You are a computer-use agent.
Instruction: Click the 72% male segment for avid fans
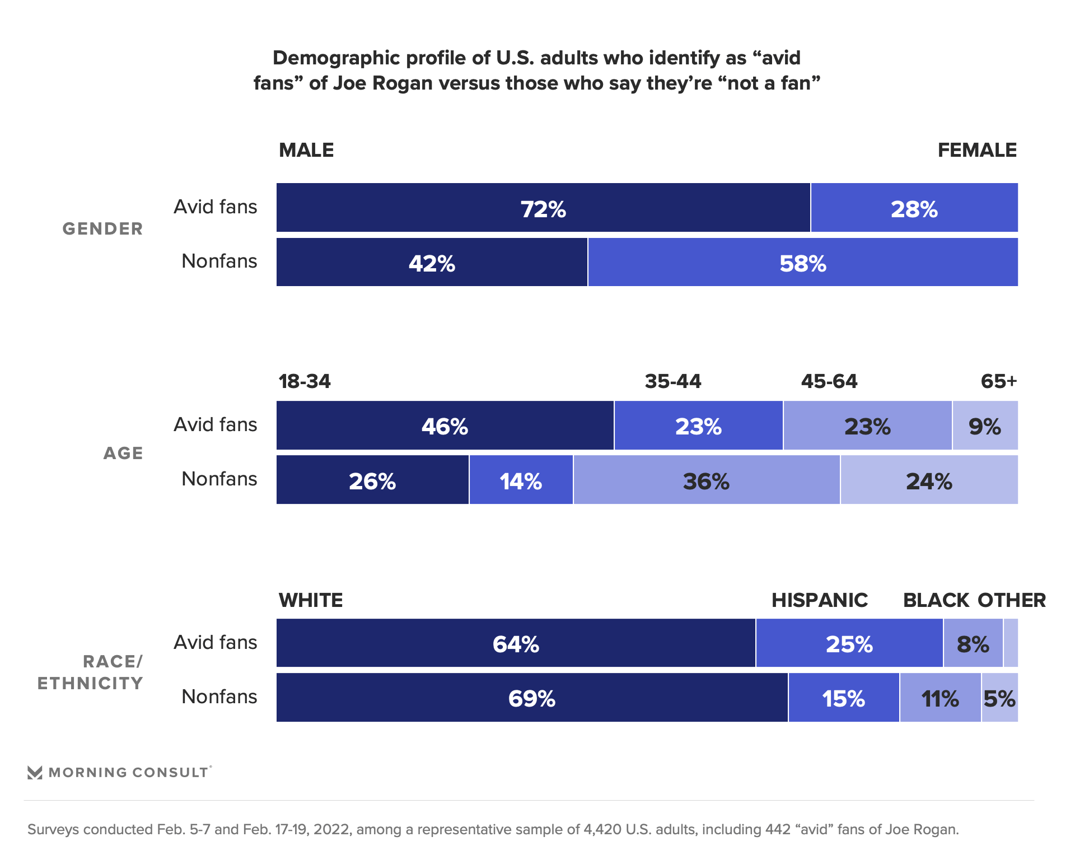(x=543, y=208)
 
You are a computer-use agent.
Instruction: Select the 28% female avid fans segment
(x=914, y=208)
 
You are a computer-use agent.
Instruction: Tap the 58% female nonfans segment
(x=802, y=262)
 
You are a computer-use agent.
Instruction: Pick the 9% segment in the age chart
(x=985, y=426)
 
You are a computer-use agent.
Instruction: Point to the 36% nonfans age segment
(x=706, y=480)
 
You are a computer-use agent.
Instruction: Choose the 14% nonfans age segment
(x=521, y=480)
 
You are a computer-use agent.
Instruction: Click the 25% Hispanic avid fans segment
(x=849, y=643)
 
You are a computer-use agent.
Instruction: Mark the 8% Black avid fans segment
(x=973, y=643)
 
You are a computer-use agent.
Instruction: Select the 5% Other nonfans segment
(x=999, y=698)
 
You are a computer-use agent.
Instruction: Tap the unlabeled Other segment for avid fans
(x=1011, y=643)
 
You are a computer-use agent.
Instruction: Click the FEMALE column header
(x=977, y=150)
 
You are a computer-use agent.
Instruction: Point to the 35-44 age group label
(x=672, y=381)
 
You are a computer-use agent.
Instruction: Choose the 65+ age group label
(x=998, y=381)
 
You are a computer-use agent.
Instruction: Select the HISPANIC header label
(x=819, y=600)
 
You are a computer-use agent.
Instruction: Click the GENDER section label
(x=103, y=228)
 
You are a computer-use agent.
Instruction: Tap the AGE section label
(x=123, y=453)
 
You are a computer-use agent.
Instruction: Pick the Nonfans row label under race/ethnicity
(x=219, y=697)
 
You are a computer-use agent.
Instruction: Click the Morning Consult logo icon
(x=35, y=773)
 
